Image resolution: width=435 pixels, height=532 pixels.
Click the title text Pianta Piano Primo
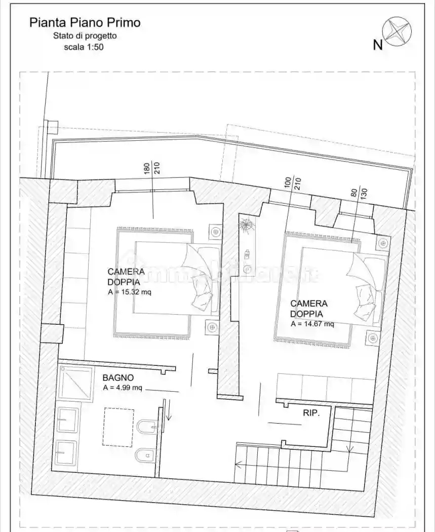point(85,22)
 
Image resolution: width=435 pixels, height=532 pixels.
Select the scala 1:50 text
point(85,47)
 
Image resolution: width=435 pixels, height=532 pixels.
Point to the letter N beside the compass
point(377,45)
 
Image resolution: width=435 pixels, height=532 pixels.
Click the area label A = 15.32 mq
point(130,292)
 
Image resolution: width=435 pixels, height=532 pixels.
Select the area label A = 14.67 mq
point(312,324)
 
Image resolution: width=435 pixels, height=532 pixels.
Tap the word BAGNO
point(118,377)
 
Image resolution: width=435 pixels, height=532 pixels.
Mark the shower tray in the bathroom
point(75,384)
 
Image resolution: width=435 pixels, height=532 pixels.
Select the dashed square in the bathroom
point(118,427)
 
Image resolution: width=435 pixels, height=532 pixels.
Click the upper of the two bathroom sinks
point(67,420)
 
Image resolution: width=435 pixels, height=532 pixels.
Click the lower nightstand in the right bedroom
point(373,338)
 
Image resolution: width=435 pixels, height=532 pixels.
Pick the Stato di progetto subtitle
point(85,36)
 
